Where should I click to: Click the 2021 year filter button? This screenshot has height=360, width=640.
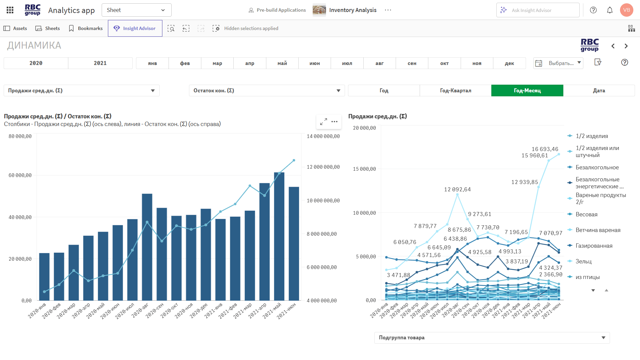100,63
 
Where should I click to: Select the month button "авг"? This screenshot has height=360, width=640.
379,63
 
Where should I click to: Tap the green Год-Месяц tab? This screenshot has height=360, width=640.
527,90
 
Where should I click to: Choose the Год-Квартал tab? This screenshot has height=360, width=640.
455,90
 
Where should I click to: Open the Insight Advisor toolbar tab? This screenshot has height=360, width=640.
135,28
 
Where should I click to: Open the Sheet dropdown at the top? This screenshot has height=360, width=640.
136,10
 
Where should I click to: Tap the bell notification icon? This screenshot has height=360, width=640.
609,10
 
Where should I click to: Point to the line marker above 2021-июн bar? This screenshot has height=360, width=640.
294,160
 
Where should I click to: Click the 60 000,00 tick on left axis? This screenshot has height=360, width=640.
20,175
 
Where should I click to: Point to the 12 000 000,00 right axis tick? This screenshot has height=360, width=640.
323,167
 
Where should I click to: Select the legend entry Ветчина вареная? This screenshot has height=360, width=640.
598,230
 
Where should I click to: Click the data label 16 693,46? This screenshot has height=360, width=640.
545,149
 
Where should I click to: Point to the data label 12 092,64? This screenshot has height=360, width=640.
457,189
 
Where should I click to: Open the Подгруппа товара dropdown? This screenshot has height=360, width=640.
492,338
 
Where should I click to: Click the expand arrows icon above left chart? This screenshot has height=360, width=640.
323,122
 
